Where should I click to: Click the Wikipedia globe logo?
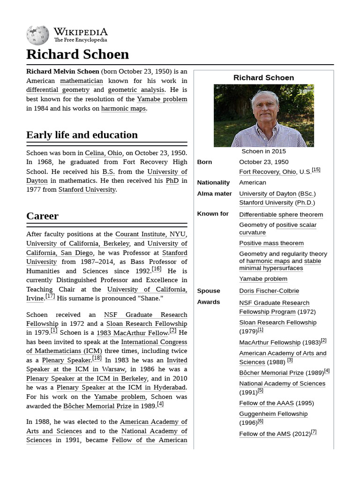click(37, 35)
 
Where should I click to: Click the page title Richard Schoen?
click(77, 54)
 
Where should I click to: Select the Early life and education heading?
click(82, 135)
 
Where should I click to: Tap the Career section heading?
click(42, 216)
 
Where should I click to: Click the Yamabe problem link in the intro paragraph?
click(162, 99)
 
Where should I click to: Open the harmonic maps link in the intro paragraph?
click(123, 108)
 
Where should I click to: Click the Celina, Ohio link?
click(104, 153)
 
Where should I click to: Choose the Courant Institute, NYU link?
click(150, 234)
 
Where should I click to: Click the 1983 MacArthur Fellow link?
click(132, 333)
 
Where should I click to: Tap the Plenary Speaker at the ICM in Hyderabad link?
click(121, 388)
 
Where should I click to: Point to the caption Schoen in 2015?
click(263, 151)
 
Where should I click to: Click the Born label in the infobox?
click(204, 162)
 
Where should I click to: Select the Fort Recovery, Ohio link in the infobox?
click(267, 172)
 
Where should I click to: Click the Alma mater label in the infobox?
click(214, 194)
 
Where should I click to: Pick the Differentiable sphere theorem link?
click(281, 215)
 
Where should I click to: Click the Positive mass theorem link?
click(271, 243)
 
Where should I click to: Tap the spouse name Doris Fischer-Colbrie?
click(269, 291)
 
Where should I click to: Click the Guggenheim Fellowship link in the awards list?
click(273, 414)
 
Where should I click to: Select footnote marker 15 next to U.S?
click(316, 170)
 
